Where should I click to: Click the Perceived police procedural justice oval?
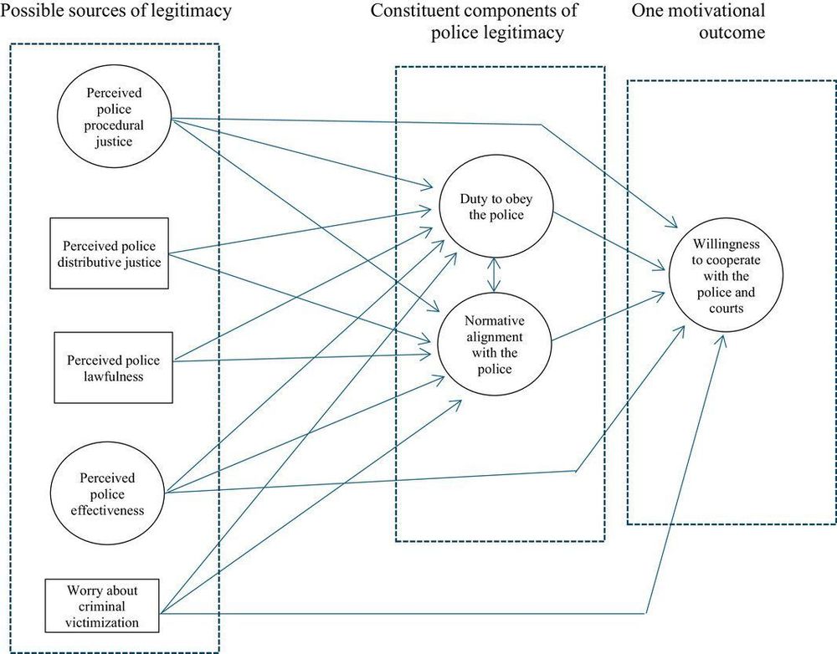(114, 117)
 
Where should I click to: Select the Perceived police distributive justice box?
(110, 253)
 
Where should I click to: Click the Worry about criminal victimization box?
(103, 606)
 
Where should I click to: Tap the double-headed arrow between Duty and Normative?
(496, 273)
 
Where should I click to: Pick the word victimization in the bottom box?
(104, 621)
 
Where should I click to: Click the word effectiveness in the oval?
(107, 509)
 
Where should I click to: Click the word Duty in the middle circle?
(474, 198)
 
